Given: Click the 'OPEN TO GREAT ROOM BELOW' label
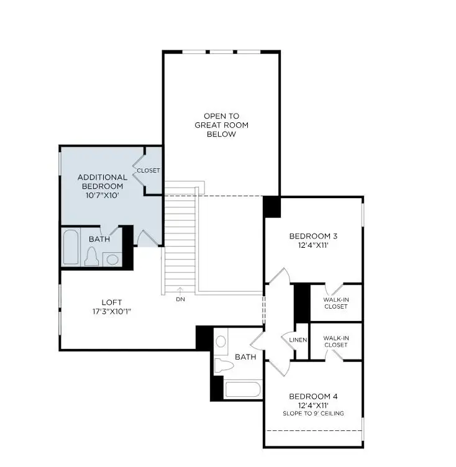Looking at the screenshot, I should pyautogui.click(x=221, y=125).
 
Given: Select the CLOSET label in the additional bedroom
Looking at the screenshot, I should pyautogui.click(x=148, y=170).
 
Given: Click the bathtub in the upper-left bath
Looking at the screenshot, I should pyautogui.click(x=71, y=248).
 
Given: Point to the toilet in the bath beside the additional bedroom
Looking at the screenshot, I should pyautogui.click(x=91, y=256).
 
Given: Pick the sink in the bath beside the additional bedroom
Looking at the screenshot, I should pyautogui.click(x=112, y=258).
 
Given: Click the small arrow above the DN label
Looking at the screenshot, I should pyautogui.click(x=180, y=289).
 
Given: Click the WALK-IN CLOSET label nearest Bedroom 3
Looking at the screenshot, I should pyautogui.click(x=336, y=303).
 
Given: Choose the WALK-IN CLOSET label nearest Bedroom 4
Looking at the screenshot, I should pyautogui.click(x=336, y=341).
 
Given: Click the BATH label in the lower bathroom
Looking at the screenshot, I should pyautogui.click(x=245, y=357).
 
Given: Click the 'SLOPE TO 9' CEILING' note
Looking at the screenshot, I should pyautogui.click(x=314, y=414).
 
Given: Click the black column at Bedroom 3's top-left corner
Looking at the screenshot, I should pyautogui.click(x=271, y=206).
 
